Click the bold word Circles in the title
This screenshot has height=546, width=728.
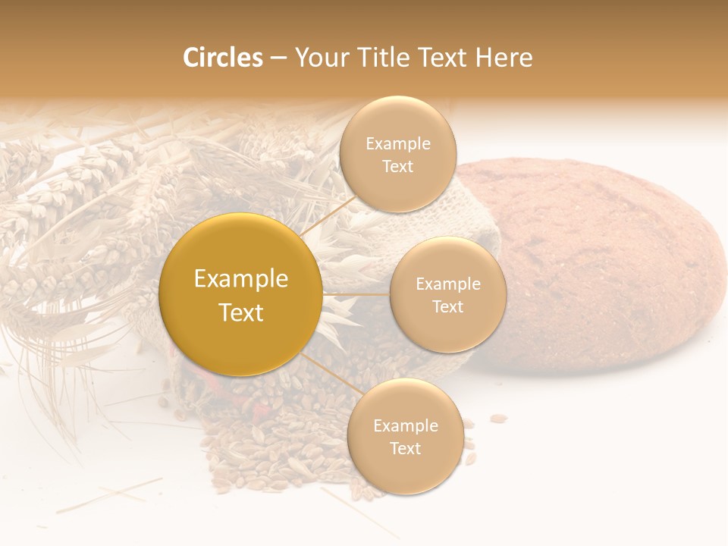(x=222, y=58)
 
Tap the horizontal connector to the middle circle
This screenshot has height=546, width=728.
(x=356, y=293)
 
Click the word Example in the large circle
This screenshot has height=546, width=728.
(x=241, y=279)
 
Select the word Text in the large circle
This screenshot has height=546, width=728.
(x=241, y=312)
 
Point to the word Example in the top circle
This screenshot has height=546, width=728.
(x=397, y=144)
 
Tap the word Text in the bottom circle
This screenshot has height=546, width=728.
(x=405, y=448)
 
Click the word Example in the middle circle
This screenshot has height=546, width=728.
(x=447, y=284)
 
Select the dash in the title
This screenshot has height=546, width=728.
(x=278, y=58)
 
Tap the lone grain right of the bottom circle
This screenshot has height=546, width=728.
(x=497, y=418)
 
